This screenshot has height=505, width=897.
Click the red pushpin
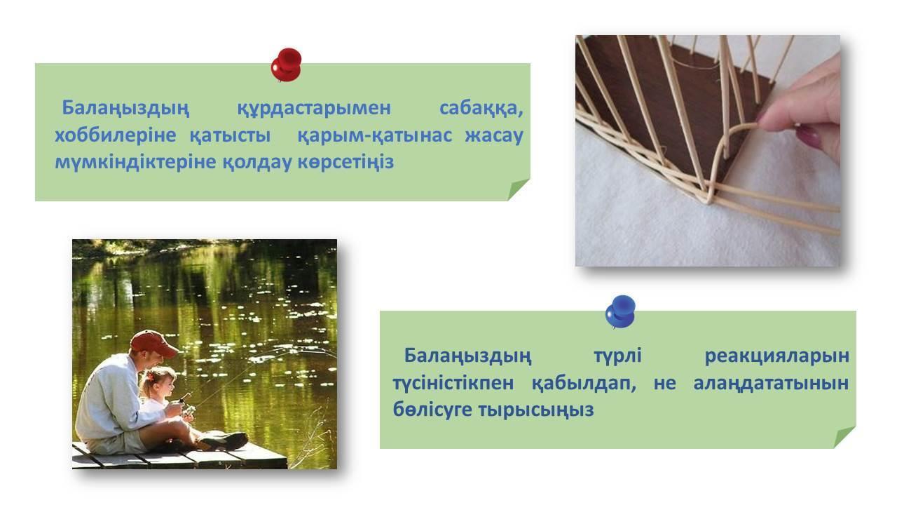286,65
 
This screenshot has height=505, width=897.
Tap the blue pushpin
620,312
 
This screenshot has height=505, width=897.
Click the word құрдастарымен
314,109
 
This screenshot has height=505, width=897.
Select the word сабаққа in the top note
481,109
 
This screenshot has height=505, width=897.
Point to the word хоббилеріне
116,135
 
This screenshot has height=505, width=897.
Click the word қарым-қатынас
374,135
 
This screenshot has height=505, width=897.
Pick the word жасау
494,135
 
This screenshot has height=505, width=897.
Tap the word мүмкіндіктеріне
135,162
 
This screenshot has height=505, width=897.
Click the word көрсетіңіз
345,162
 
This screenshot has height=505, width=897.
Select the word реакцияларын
776,356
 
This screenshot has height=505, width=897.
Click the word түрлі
618,356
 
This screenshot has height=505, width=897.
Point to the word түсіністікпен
453,383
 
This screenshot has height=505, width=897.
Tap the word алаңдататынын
771,383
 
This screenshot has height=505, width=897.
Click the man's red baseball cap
153,343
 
